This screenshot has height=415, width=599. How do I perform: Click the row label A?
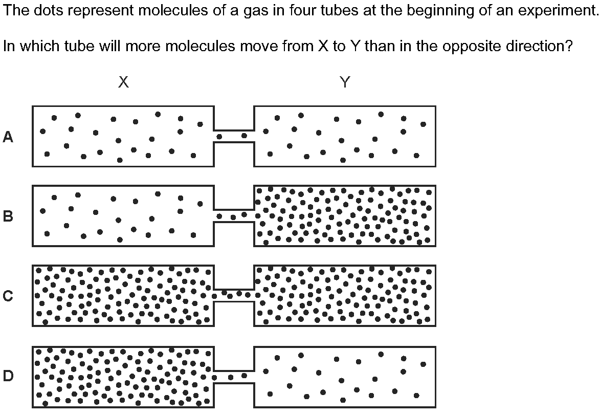8,137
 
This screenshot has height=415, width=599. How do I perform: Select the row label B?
8,216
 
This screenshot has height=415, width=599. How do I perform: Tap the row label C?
8,296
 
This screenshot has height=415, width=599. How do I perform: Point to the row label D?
8,376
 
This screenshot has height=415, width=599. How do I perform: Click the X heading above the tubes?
123,82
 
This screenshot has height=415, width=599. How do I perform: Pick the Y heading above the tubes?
345,82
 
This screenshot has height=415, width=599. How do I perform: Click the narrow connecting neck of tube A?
234,136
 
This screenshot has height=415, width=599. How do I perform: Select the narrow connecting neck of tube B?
234,216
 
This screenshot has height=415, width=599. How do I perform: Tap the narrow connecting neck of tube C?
234,295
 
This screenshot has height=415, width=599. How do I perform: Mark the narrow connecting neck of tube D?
234,377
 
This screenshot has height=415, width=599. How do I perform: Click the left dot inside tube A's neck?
219,136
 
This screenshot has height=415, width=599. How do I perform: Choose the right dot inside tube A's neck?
244,135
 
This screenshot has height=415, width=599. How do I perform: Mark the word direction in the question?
539,46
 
